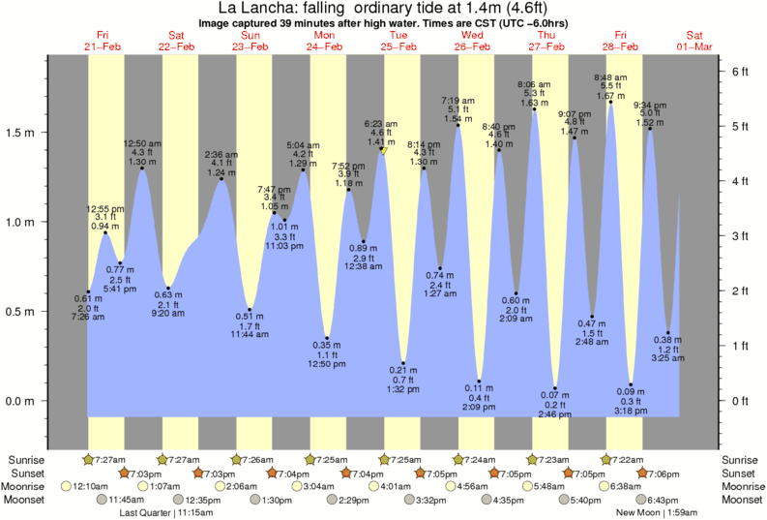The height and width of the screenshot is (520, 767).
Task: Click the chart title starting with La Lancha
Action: [382, 8]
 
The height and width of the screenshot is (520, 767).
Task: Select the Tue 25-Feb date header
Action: [397, 41]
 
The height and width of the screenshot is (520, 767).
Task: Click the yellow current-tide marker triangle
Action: [384, 150]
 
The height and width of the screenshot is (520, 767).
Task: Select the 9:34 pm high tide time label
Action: [649, 105]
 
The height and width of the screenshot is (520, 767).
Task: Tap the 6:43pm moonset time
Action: [664, 500]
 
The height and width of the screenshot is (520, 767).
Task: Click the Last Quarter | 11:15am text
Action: [180, 512]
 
